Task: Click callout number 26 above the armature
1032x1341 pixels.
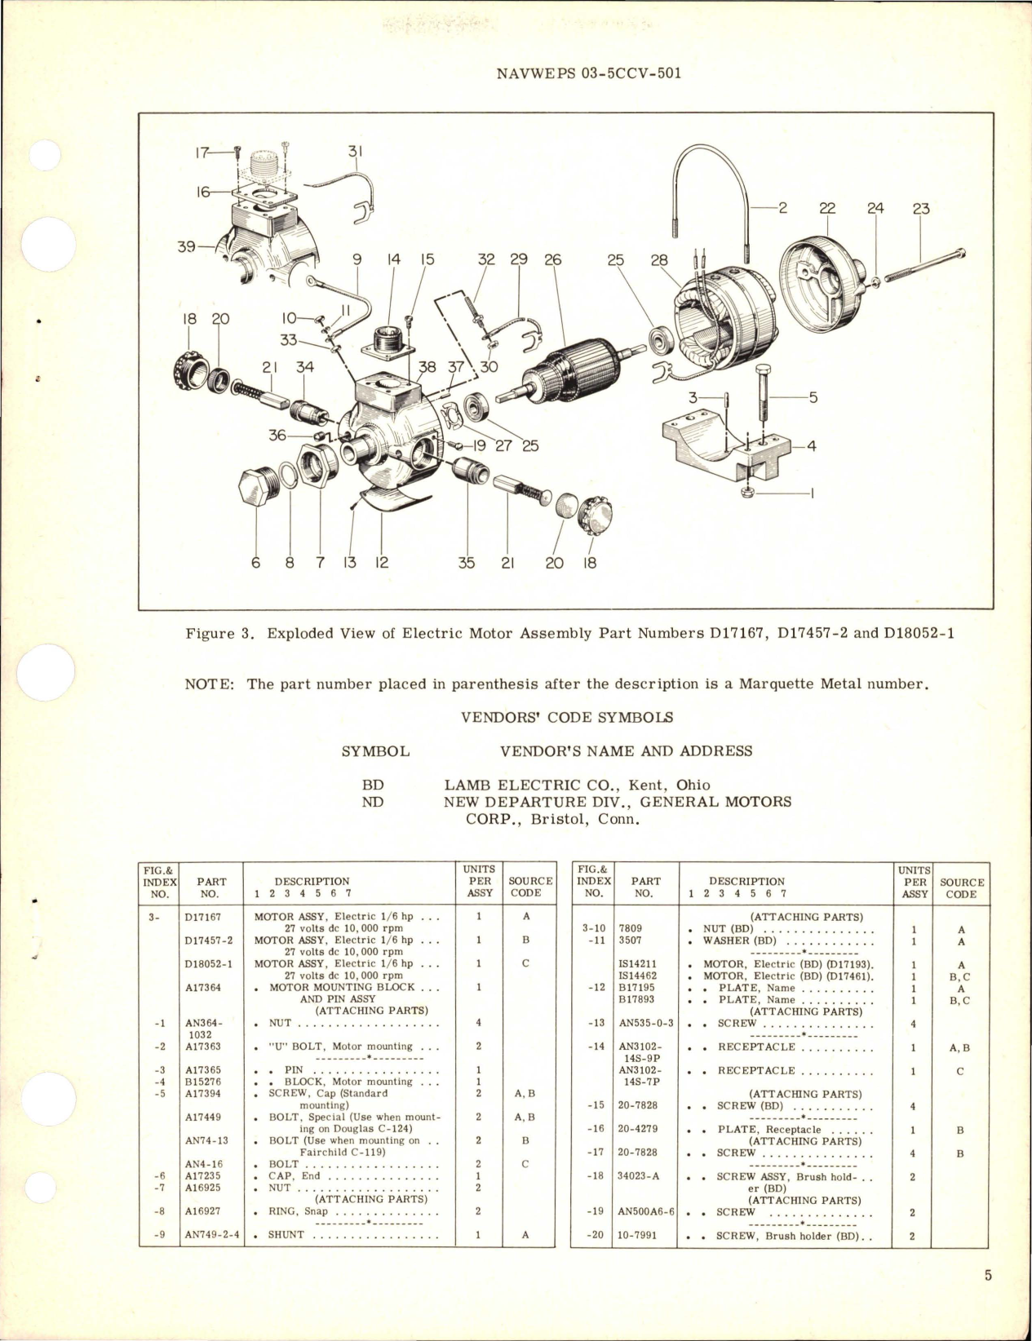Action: (552, 260)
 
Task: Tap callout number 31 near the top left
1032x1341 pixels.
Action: (355, 152)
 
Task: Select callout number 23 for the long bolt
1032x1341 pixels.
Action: (921, 209)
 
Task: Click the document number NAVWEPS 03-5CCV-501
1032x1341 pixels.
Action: (587, 73)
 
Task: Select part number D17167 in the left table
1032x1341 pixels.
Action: (202, 916)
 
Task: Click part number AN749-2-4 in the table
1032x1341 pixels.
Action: (212, 1234)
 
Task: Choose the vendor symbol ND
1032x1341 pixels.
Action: (373, 802)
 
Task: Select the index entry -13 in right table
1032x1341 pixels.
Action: (596, 1023)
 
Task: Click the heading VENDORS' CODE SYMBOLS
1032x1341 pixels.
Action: (567, 717)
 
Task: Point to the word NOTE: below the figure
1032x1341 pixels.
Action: (210, 684)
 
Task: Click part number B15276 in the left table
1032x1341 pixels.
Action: (202, 1082)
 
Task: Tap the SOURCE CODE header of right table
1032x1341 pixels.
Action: (961, 887)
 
